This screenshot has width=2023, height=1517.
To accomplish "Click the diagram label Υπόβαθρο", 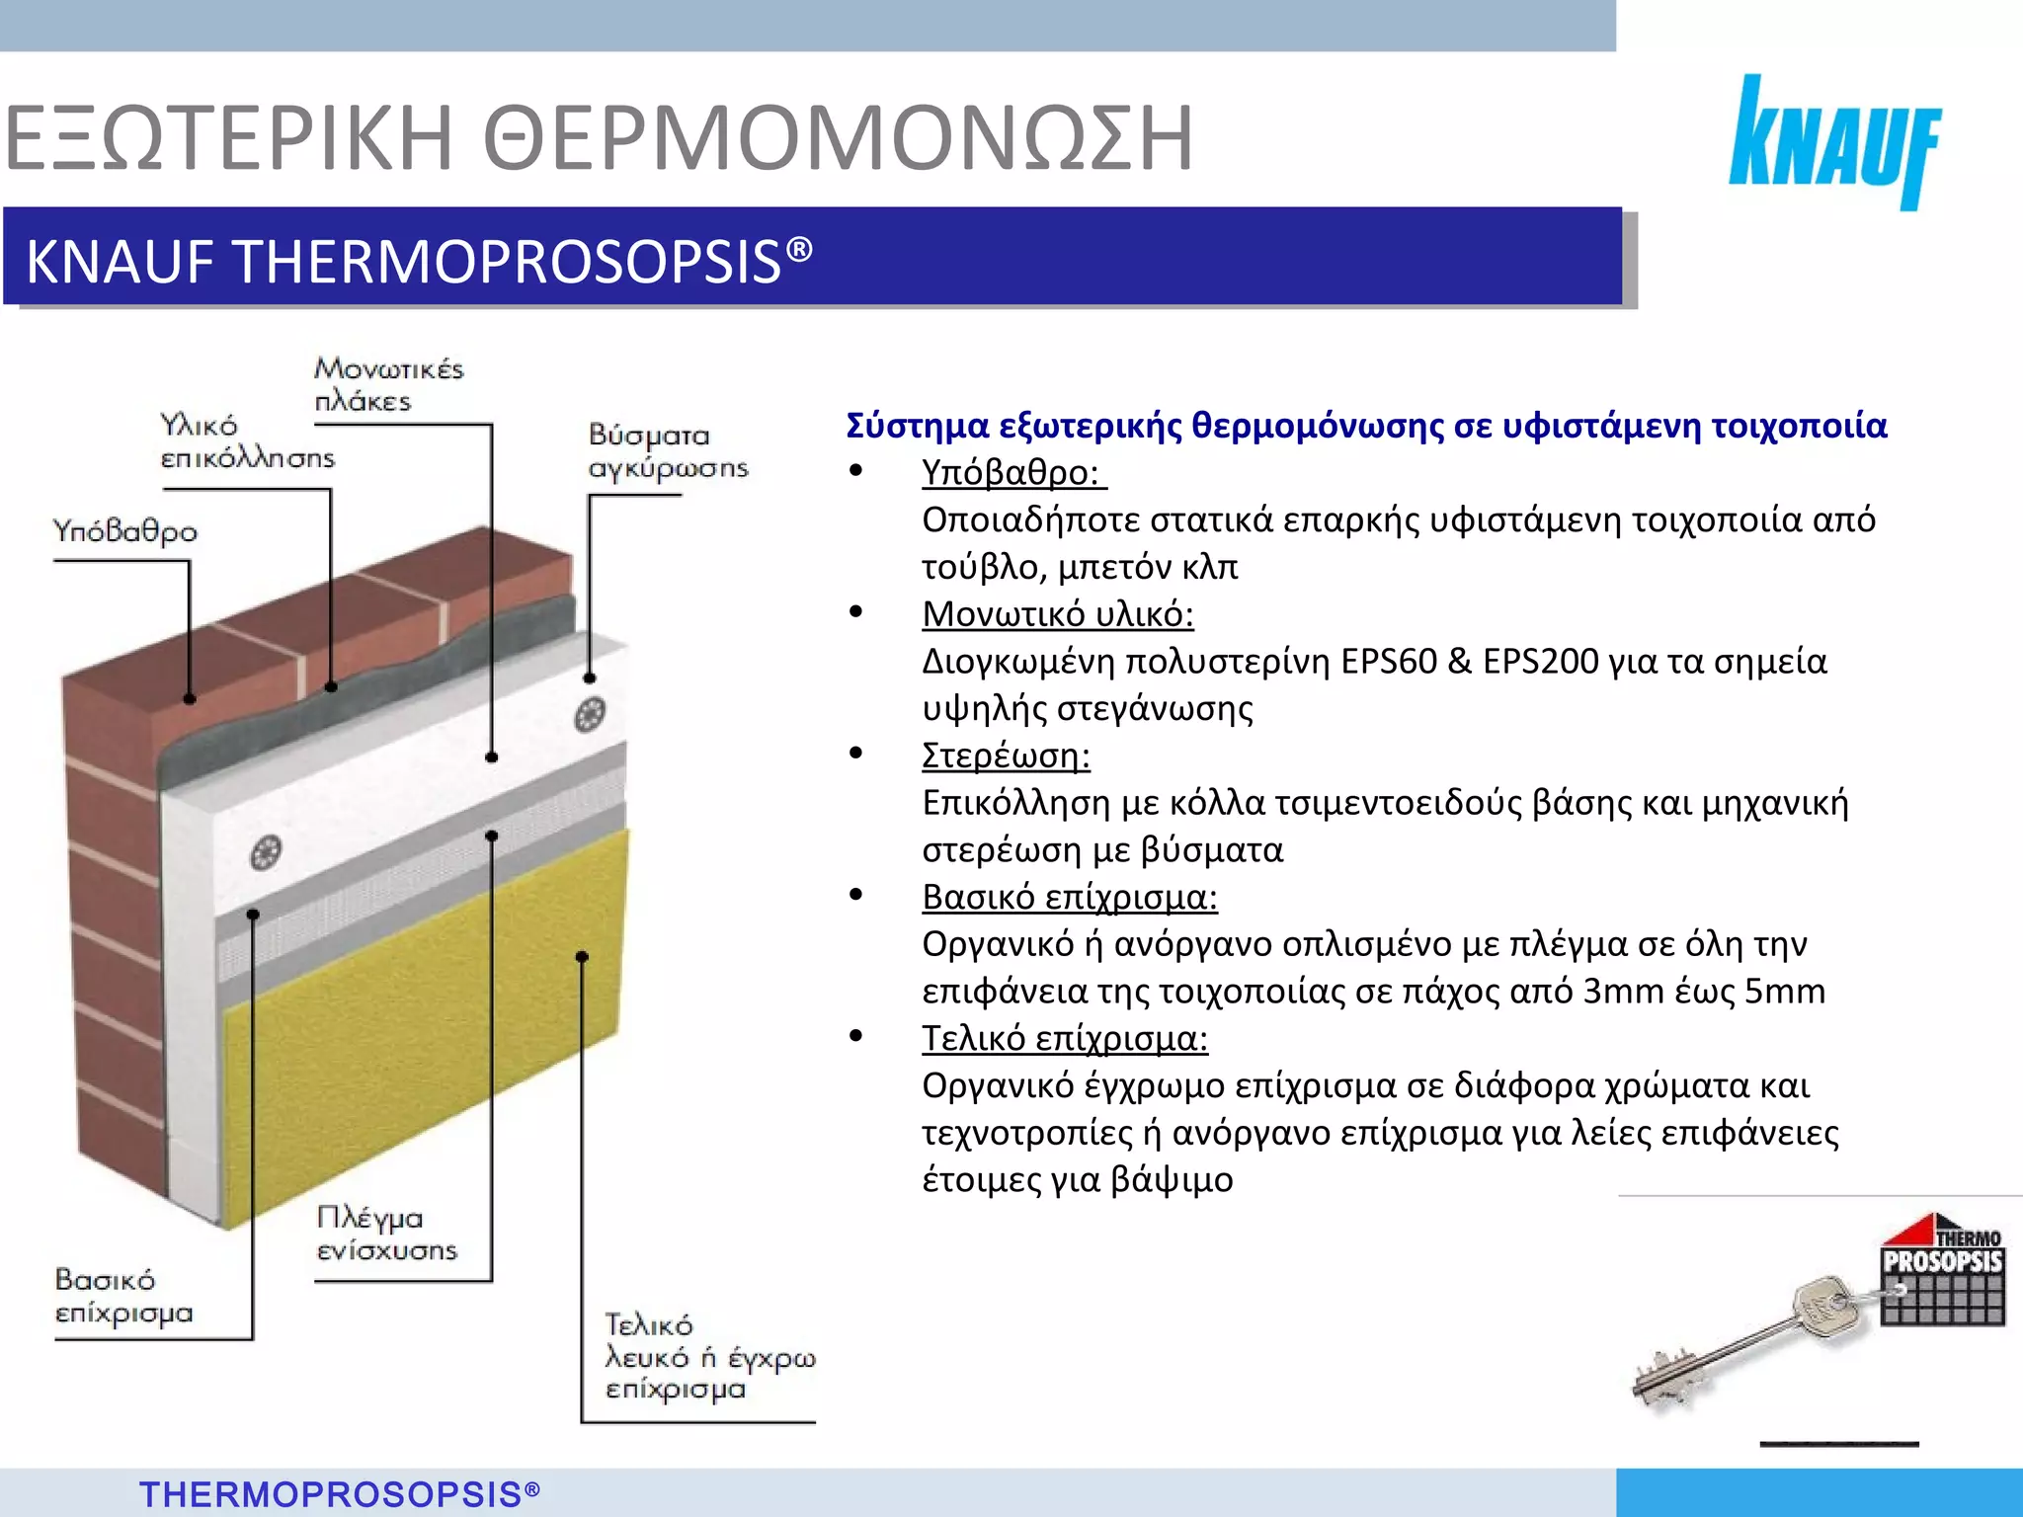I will [124, 531].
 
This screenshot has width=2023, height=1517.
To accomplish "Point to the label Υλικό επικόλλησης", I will [247, 441].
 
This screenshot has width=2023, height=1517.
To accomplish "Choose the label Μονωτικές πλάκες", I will [388, 384].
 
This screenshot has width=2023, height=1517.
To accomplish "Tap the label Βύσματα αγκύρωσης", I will [668, 450].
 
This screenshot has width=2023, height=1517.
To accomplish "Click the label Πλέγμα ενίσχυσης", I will [386, 1234].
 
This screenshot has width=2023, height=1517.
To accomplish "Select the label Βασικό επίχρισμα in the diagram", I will [123, 1296].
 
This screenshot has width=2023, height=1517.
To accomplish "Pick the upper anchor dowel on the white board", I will [590, 713].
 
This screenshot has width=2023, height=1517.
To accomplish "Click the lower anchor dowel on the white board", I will [266, 851].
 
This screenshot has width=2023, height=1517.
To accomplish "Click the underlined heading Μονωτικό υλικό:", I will [1057, 614].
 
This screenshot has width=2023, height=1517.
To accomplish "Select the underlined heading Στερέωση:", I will [1006, 756].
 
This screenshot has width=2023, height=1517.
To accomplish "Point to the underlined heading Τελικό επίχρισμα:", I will [1064, 1038].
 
